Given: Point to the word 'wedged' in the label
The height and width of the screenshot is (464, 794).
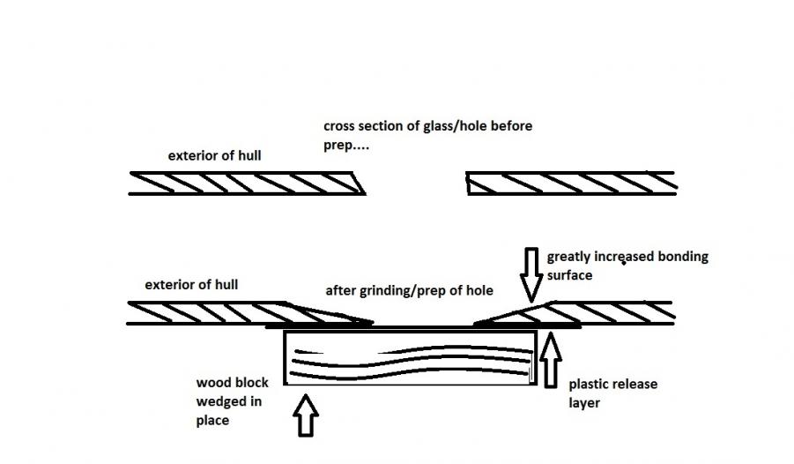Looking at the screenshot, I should (x=219, y=402).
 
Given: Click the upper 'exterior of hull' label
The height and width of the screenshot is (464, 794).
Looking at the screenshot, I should (x=214, y=156).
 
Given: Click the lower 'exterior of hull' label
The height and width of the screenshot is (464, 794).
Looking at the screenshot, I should (x=192, y=285).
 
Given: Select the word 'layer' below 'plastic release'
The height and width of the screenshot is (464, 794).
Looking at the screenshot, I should (x=585, y=402).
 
